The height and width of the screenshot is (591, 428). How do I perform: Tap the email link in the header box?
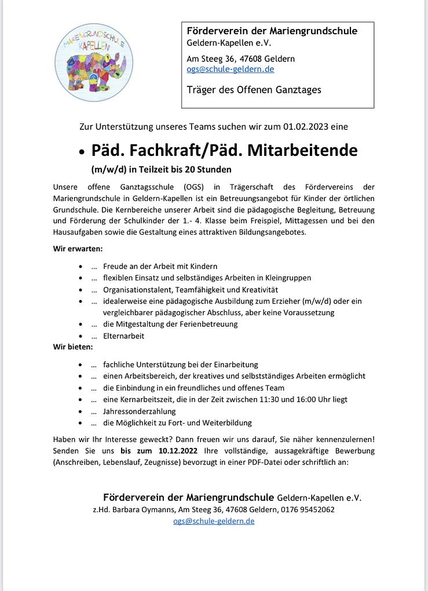pos(230,69)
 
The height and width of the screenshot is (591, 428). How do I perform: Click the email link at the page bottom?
pos(214,521)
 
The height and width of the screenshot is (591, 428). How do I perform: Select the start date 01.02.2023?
pos(316,126)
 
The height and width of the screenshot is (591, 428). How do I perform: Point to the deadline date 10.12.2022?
pos(178,450)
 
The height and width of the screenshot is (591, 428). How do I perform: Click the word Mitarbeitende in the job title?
pos(302,150)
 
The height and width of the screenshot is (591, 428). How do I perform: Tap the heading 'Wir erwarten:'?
pos(78,249)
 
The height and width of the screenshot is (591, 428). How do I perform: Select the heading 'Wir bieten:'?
pos(73,346)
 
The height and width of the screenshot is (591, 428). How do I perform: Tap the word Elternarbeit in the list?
pos(123,335)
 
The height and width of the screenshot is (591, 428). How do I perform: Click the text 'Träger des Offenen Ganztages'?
pos(254,90)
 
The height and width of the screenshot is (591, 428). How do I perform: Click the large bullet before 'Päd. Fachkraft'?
pos(82,153)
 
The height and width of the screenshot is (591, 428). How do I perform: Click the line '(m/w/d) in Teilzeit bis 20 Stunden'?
pos(161,170)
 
